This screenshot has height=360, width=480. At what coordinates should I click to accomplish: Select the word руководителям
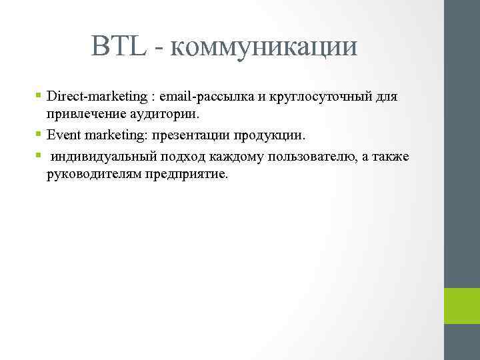click(x=91, y=175)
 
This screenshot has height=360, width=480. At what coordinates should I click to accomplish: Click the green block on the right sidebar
click(x=461, y=305)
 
